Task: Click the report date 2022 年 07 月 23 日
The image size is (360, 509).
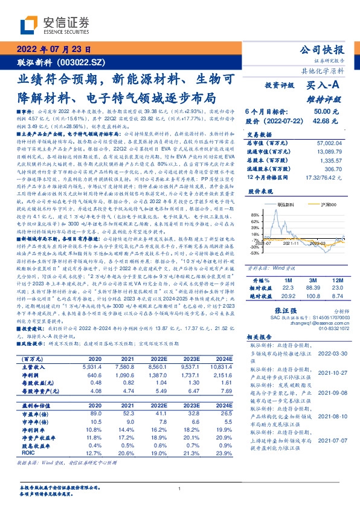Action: coord(54,50)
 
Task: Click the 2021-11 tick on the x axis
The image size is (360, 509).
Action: coord(294,242)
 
